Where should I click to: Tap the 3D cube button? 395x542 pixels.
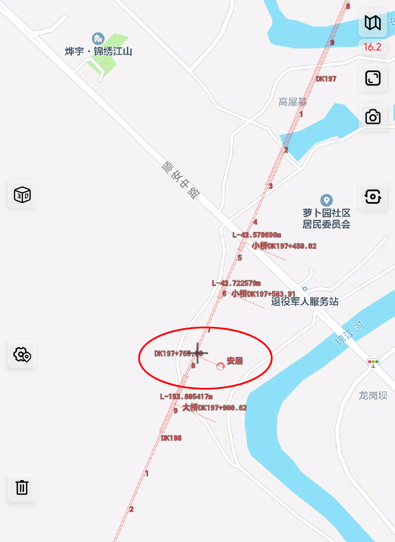pos(22,194)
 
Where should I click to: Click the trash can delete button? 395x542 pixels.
pos(22,487)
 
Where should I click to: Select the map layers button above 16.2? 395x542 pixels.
pos(373,23)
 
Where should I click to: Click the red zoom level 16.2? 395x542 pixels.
pos(372,47)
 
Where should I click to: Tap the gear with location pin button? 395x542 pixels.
pos(22,354)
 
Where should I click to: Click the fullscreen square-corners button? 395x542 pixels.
pos(373,78)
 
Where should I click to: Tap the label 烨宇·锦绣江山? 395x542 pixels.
pos(98,51)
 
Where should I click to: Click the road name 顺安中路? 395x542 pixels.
pos(181,180)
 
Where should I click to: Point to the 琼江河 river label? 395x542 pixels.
pos(349,333)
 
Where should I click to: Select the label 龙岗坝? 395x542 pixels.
pos(373,395)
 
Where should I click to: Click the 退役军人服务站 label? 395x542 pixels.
pos(305,302)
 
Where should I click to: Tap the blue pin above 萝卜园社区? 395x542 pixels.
pos(326,200)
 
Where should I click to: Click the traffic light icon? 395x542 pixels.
pos(373,362)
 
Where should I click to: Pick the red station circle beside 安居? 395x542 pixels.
pos(220,366)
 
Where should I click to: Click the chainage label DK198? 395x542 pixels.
pos(171,438)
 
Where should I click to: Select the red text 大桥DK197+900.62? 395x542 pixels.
pos(215,408)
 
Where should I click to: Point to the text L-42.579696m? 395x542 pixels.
pos(257,235)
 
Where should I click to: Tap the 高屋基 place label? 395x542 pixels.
pos(293,102)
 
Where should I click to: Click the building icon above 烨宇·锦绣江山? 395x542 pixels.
pos(98,39)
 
